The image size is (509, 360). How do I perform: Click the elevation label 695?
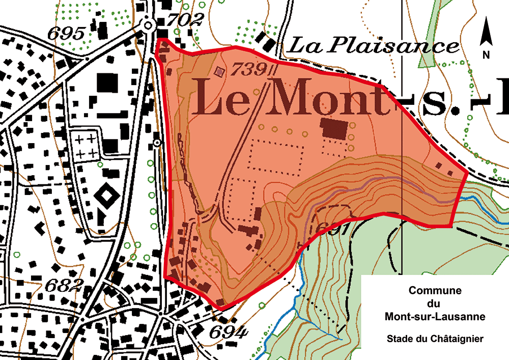tap(66, 34)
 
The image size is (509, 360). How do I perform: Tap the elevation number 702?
tap(186, 20)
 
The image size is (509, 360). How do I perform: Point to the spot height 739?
tap(248, 69)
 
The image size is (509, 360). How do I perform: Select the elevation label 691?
tap(332, 230)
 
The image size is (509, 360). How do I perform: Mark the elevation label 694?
tap(229, 332)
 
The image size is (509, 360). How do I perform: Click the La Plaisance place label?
tap(374, 46)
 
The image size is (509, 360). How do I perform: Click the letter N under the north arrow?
tap(487, 54)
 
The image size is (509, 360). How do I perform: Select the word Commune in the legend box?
tap(435, 291)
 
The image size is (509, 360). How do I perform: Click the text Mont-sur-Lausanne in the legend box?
tap(435, 317)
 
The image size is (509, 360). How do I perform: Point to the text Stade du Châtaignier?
tap(435, 338)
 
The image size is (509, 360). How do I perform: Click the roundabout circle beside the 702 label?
tap(148, 24)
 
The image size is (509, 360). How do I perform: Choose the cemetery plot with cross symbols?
tap(86, 145)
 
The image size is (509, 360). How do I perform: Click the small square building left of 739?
tap(220, 72)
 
